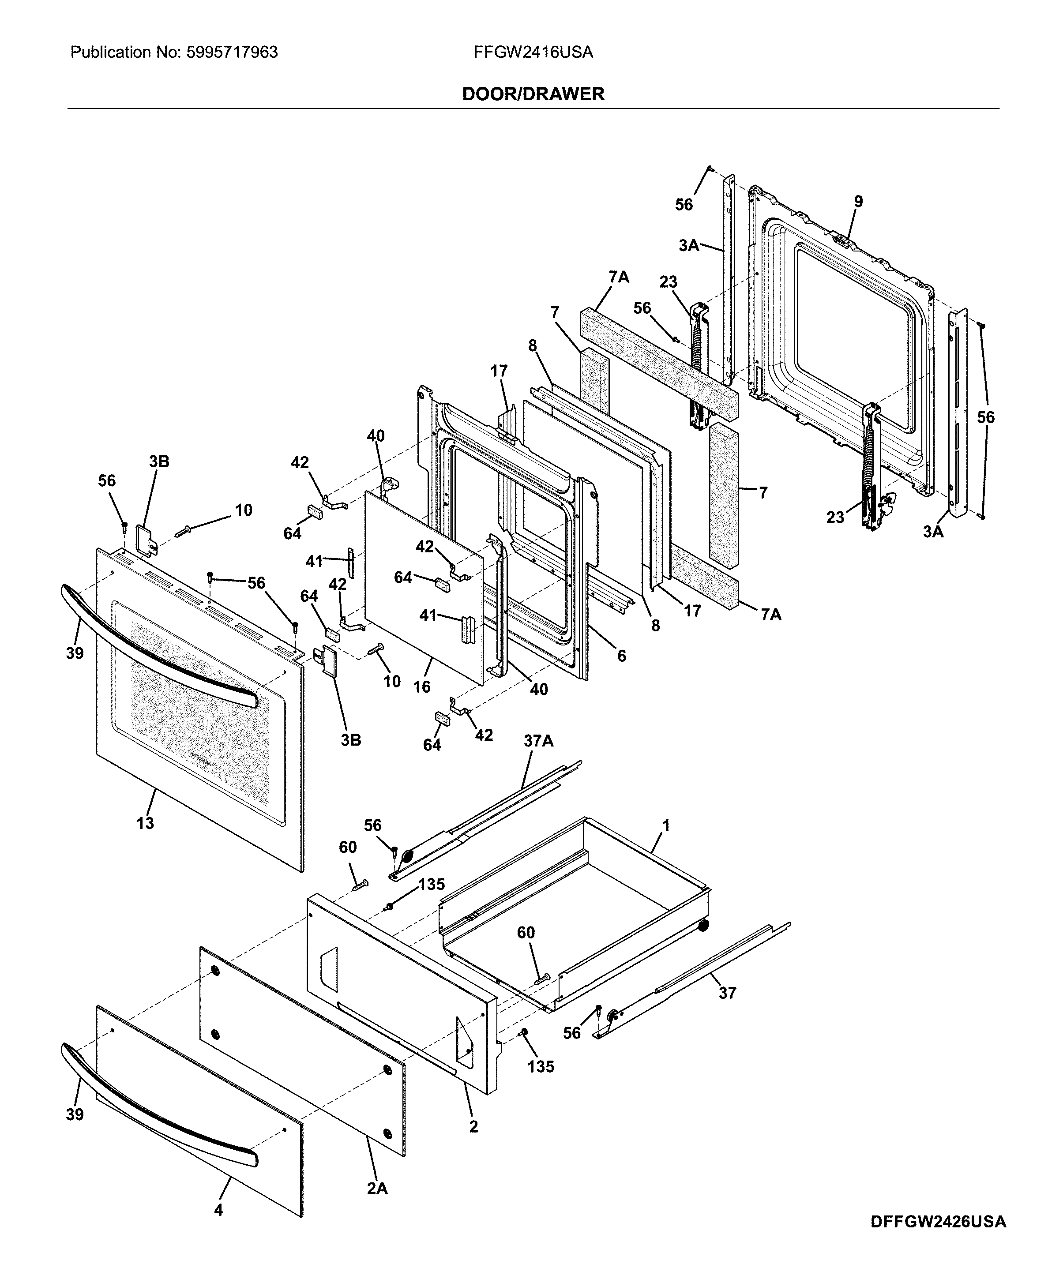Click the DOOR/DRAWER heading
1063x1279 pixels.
[x=533, y=94]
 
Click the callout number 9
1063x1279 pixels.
[x=858, y=202]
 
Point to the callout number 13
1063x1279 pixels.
[x=145, y=823]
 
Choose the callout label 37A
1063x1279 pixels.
[x=538, y=741]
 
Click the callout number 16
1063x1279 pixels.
[x=421, y=687]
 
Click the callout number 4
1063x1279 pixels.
[x=218, y=1226]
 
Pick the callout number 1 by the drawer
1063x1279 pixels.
[x=666, y=825]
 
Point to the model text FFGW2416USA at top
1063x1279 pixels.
[x=533, y=53]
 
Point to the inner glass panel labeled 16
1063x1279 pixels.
[x=421, y=585]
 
